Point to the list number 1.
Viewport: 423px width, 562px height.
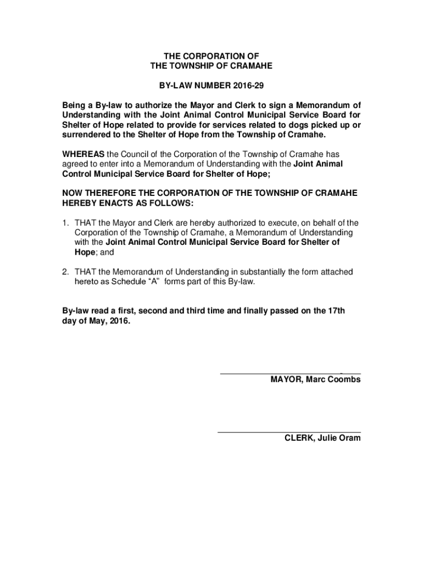65,223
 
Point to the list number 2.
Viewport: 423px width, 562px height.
65,272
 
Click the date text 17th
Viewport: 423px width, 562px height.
336,311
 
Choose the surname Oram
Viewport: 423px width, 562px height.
349,438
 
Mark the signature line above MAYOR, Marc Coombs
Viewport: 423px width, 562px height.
290,373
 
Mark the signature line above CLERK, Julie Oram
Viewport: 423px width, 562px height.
289,432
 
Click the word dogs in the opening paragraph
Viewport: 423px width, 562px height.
294,125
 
